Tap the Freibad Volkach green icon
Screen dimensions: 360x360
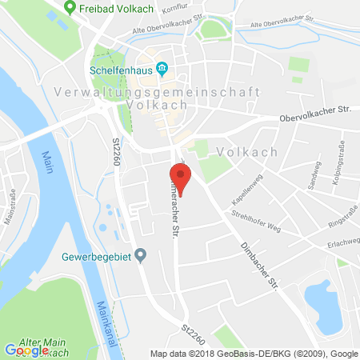(x=70, y=9)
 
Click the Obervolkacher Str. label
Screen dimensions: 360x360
(x=315, y=121)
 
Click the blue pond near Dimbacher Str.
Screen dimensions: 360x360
(x=323, y=301)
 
